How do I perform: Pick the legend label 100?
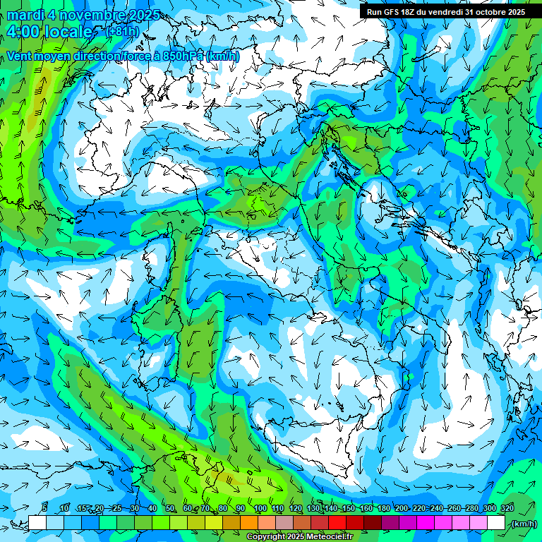click(x=260, y=509)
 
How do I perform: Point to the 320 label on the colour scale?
click(x=507, y=509)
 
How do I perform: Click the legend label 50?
click(x=169, y=509)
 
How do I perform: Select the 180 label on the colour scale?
click(x=383, y=509)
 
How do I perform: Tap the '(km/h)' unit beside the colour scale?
click(x=524, y=524)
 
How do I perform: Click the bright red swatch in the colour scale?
click(x=337, y=523)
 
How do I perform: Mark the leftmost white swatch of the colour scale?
click(x=37, y=523)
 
